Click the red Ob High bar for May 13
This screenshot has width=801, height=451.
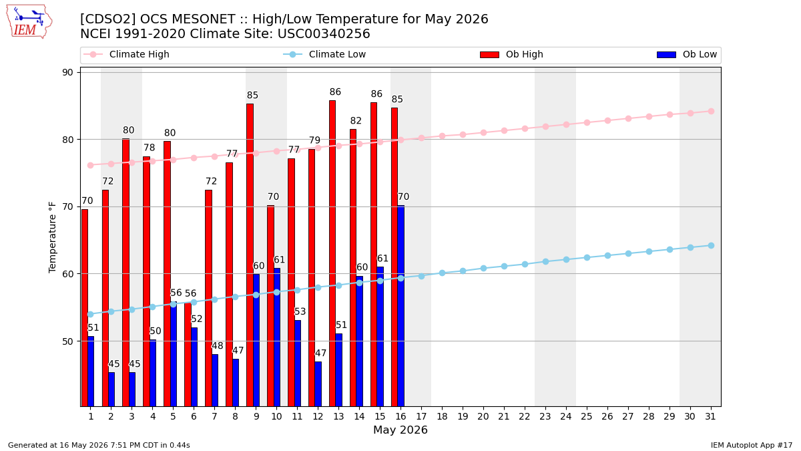[x=332, y=253]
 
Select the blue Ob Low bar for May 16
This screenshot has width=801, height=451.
[x=401, y=306]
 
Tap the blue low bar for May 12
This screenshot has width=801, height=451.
[x=318, y=384]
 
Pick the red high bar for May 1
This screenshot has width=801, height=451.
[x=84, y=308]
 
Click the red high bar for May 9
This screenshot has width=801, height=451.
[x=250, y=255]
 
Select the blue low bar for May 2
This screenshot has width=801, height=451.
[x=111, y=390]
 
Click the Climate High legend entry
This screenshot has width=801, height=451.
[x=126, y=54]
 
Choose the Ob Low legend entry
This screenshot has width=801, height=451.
[x=687, y=54]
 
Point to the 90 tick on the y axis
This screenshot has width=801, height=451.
[x=67, y=73]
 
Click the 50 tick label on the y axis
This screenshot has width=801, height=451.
[x=67, y=341]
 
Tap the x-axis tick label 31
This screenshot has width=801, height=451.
[x=710, y=417]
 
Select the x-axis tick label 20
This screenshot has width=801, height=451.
[x=483, y=417]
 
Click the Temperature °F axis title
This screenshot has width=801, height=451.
[x=53, y=237]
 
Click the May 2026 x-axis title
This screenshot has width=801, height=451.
[x=400, y=430]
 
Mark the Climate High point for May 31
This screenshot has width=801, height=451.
[x=711, y=112]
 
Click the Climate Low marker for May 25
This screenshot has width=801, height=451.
[x=587, y=258]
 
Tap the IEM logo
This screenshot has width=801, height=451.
[x=29, y=22]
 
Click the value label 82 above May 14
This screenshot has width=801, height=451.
[x=356, y=121]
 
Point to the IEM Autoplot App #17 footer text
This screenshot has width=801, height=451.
[x=752, y=445]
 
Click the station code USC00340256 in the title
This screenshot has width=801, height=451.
[x=324, y=34]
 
